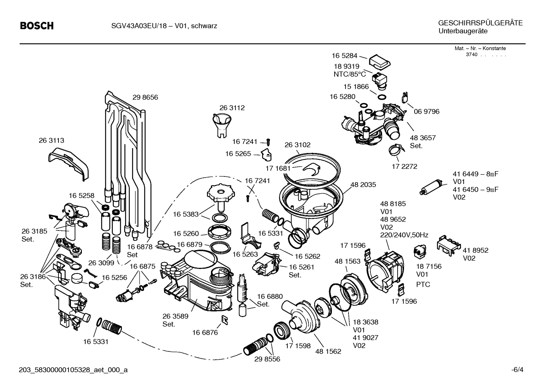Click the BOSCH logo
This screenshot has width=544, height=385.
(37, 26)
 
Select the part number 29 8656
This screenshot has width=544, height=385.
(145, 97)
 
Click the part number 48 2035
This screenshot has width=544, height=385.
(363, 185)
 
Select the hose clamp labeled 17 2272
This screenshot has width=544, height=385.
(396, 151)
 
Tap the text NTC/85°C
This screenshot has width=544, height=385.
(349, 74)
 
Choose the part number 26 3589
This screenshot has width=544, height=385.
(175, 316)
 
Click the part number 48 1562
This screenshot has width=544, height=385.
(328, 351)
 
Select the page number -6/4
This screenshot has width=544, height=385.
(517, 370)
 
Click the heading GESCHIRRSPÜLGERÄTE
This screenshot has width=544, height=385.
(480, 23)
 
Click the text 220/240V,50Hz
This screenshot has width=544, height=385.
(404, 235)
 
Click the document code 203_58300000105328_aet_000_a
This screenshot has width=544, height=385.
(73, 370)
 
